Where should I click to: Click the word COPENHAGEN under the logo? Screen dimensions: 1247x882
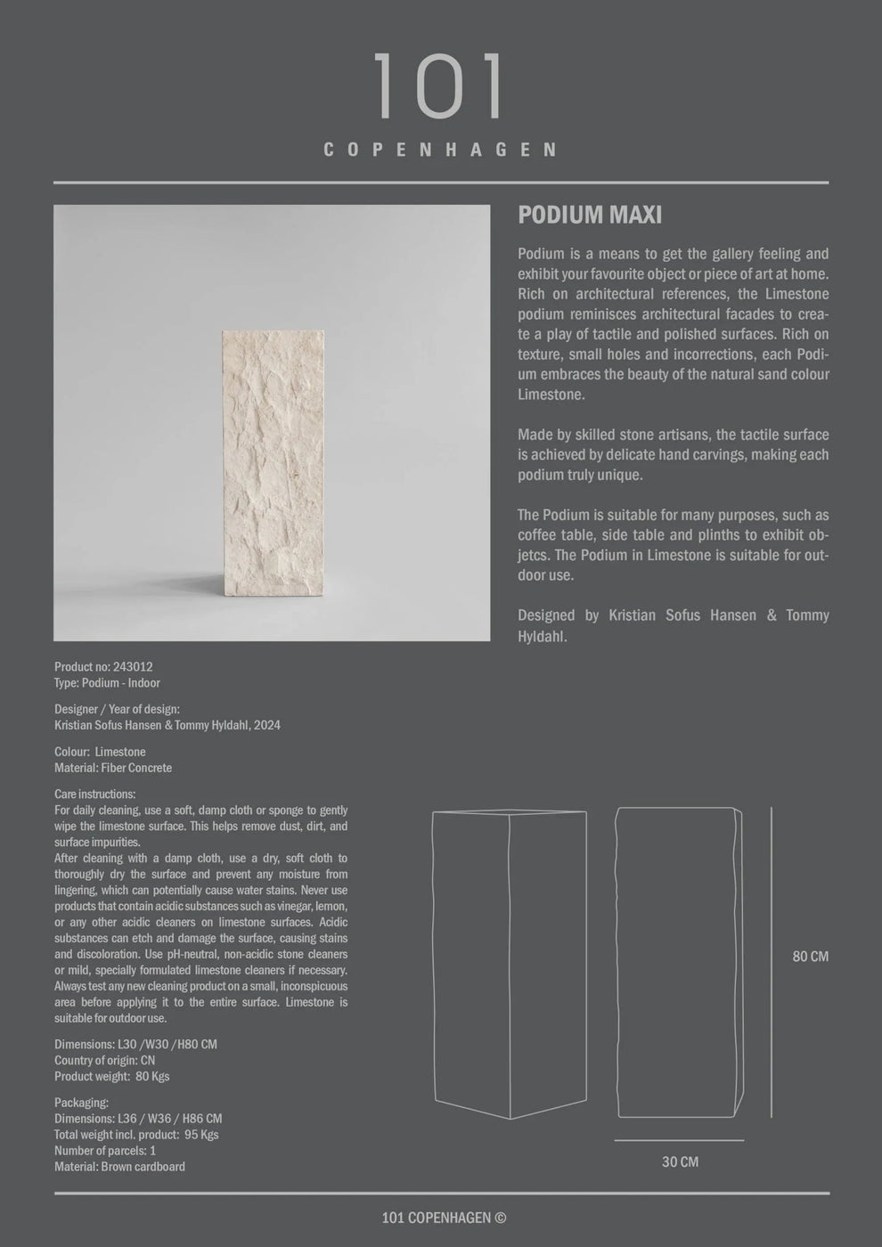pos(440,150)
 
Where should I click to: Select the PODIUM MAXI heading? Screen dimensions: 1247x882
pos(590,215)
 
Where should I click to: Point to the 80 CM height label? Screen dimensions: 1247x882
pos(810,957)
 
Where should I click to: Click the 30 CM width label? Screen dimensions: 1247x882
pos(680,1161)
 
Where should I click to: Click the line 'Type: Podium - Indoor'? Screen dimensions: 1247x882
pos(107,682)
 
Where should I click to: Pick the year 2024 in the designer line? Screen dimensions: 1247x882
pos(267,725)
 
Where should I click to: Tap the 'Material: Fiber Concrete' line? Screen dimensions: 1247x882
pos(113,768)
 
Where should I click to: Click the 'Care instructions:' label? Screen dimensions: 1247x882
pos(95,794)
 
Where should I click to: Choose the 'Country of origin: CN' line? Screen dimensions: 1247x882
pos(105,1060)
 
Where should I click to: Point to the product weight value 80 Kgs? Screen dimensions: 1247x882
pos(151,1076)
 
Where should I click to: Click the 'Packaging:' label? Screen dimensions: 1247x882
pos(81,1103)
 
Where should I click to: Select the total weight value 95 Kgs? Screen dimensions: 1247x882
pos(200,1135)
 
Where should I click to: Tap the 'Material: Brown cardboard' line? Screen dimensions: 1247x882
pos(119,1167)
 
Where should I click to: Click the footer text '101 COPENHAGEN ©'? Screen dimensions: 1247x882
pos(444,1218)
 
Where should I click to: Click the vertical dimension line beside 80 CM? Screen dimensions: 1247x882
pos(772,962)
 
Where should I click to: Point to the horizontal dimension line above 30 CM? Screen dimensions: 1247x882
pos(679,1140)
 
